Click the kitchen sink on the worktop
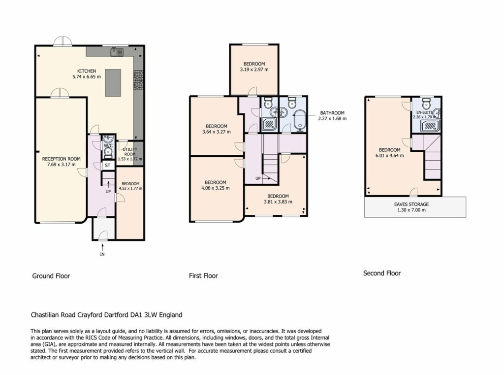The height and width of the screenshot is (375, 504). [x=117, y=52]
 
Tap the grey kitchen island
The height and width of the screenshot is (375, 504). [x=113, y=83]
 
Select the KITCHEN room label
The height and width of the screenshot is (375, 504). [x=87, y=71]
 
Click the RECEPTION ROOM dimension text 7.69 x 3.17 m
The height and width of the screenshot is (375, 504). [x=61, y=165]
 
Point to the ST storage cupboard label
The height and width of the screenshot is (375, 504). [x=108, y=166]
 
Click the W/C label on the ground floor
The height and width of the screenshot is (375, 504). [x=108, y=145]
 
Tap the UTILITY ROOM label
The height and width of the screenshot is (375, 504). [x=130, y=152]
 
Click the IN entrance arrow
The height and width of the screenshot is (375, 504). [x=102, y=247]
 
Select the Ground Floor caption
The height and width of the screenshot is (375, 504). [x=51, y=276]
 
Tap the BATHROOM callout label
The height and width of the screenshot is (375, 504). [x=332, y=113]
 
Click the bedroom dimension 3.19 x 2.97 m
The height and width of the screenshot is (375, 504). [x=254, y=69]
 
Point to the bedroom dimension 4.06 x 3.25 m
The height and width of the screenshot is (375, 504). [x=216, y=188]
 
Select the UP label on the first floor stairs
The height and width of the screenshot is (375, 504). [x=258, y=178]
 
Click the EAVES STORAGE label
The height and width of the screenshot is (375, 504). [x=411, y=204]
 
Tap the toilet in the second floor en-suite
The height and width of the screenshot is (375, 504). [x=427, y=103]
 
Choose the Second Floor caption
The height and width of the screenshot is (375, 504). [x=382, y=273]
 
